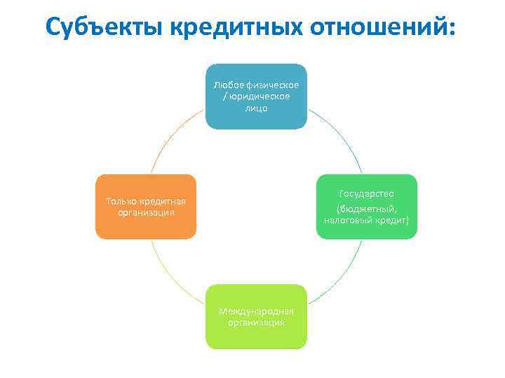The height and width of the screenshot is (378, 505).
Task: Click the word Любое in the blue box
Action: coord(229,85)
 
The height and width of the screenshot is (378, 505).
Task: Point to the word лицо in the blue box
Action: coord(256,109)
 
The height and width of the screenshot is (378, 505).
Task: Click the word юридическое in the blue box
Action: coord(259,97)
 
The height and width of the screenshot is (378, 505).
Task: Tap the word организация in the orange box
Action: coord(146,212)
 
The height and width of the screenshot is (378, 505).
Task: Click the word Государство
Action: coord(366,193)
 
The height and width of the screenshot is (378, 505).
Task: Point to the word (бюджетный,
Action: coord(366,208)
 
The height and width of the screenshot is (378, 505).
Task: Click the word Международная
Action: coord(256,310)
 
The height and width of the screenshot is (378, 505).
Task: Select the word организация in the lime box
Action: coord(256,322)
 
